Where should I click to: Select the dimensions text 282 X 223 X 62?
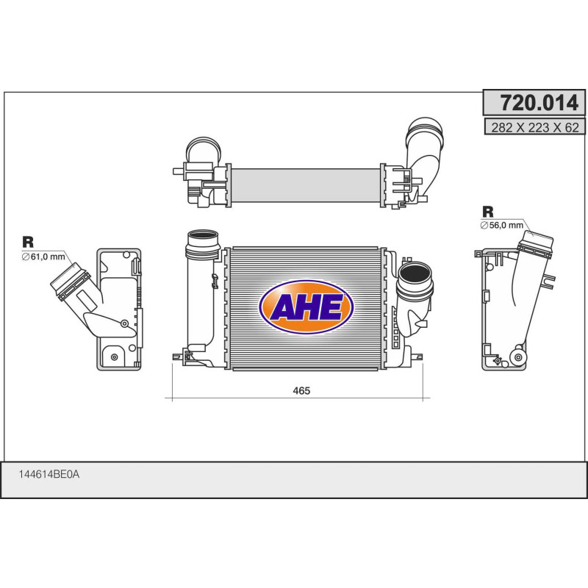534,127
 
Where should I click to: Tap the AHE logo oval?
307,307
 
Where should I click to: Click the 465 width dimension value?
301,391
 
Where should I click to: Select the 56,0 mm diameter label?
504,225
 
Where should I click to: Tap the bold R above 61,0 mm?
28,242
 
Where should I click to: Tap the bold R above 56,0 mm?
487,210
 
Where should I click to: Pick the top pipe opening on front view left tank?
204,239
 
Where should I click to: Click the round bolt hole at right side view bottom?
520,357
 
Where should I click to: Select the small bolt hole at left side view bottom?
114,357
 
